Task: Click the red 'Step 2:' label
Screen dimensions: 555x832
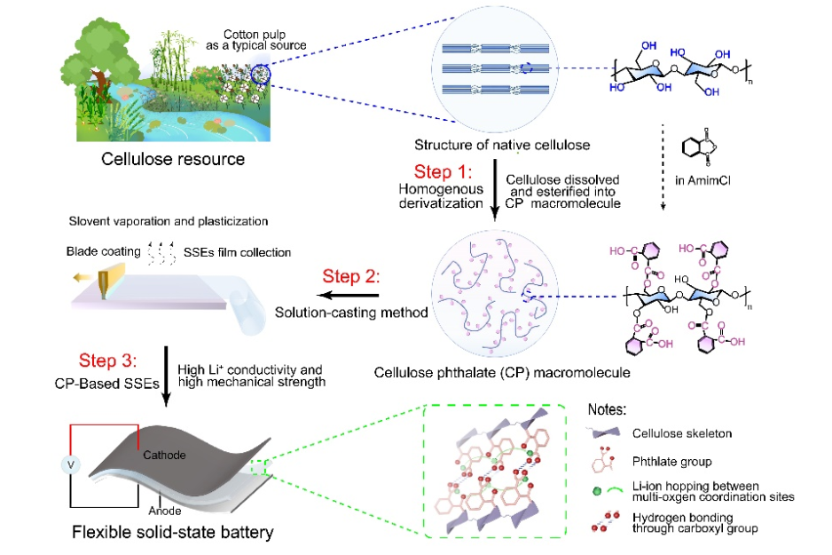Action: point(353,276)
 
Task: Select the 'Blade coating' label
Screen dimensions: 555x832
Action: point(101,252)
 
